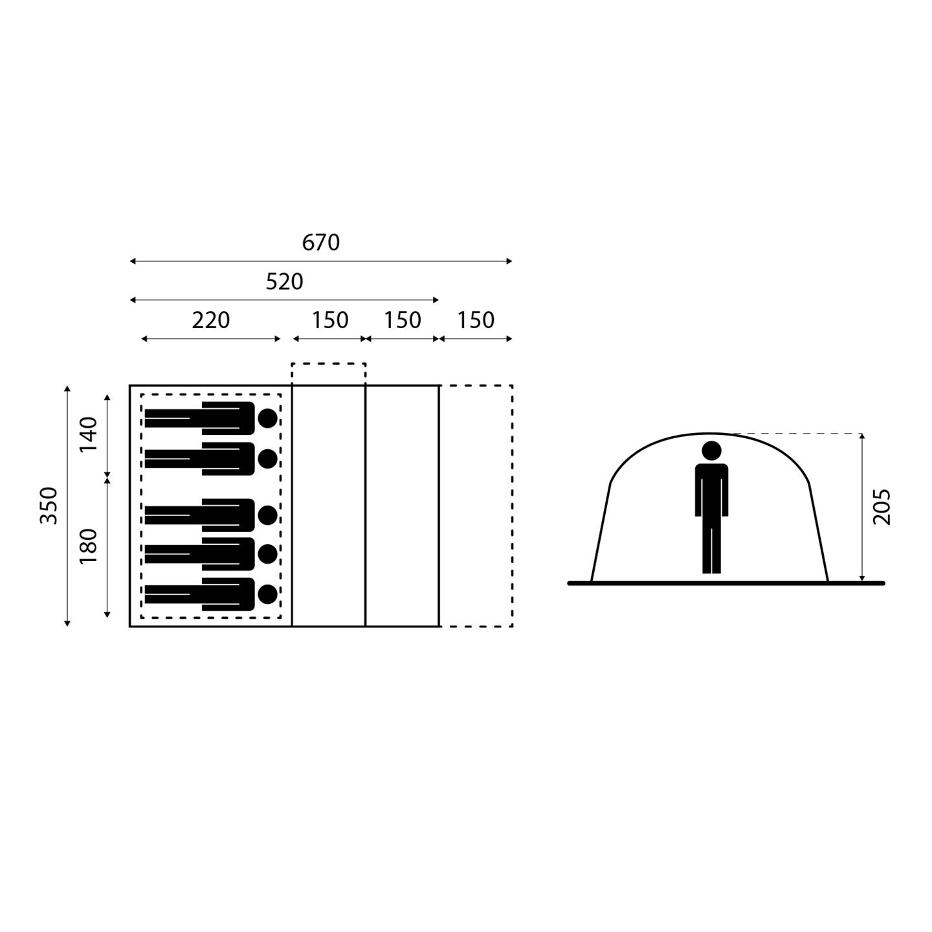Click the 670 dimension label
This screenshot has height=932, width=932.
click(x=320, y=242)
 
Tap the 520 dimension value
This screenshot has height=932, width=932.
click(x=284, y=282)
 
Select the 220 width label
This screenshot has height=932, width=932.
click(x=210, y=320)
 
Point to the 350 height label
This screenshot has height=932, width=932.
click(x=49, y=505)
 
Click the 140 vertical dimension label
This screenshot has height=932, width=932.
click(x=89, y=434)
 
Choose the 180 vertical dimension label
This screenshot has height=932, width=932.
click(x=89, y=546)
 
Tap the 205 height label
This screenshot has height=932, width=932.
click(x=882, y=507)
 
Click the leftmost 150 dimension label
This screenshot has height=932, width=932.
click(x=330, y=320)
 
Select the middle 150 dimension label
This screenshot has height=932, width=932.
click(x=403, y=320)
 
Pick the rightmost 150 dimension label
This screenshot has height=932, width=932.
click(x=476, y=320)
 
